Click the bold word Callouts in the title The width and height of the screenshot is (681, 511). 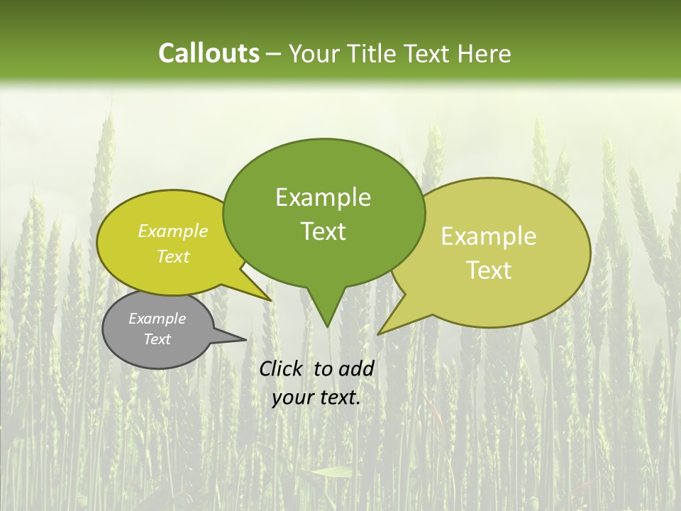coord(209,53)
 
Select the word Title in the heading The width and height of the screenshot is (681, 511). coord(376,53)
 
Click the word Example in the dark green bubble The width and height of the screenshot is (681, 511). coord(323,197)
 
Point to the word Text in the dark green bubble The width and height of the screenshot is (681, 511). coord(323,231)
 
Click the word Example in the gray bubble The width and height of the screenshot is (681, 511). coord(157,319)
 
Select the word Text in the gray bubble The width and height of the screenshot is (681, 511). coord(157,339)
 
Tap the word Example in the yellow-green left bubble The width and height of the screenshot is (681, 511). coord(173,231)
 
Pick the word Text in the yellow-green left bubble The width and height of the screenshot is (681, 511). coord(173,256)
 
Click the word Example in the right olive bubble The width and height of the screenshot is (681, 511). coord(489,236)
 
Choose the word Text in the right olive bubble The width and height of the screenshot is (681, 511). coord(489,270)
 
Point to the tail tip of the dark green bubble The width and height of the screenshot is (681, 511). coord(327,326)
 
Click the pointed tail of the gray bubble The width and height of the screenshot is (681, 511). coord(245,339)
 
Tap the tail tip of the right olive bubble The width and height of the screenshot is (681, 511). coord(380,333)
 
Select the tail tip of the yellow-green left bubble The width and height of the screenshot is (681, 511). coord(270,300)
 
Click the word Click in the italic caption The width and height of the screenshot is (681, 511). coord(282,368)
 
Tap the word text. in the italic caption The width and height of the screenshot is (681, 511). coord(338,397)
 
